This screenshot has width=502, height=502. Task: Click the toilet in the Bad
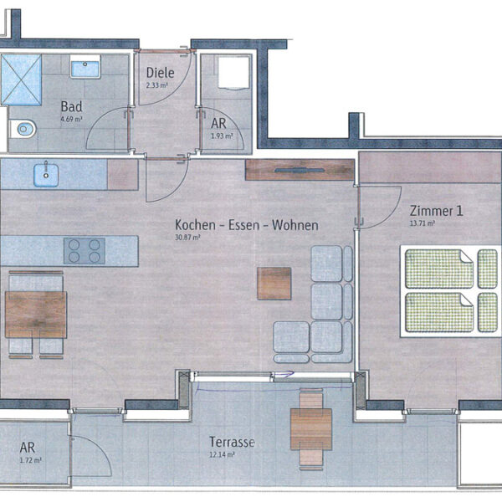(23, 130)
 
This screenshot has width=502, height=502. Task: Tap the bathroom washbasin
(85, 67)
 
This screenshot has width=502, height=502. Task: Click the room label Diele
(159, 73)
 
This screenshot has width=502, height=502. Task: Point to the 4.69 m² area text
(72, 120)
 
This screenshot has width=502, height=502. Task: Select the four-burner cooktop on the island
(85, 250)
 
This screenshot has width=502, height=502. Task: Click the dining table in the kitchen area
(35, 315)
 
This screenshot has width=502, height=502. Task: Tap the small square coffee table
(274, 283)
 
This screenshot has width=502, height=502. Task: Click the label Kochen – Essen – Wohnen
(246, 225)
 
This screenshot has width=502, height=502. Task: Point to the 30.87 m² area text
(189, 238)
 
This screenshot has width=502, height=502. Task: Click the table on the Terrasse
(311, 429)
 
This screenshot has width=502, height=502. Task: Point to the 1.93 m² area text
(221, 136)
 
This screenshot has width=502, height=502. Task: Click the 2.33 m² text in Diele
(158, 85)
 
